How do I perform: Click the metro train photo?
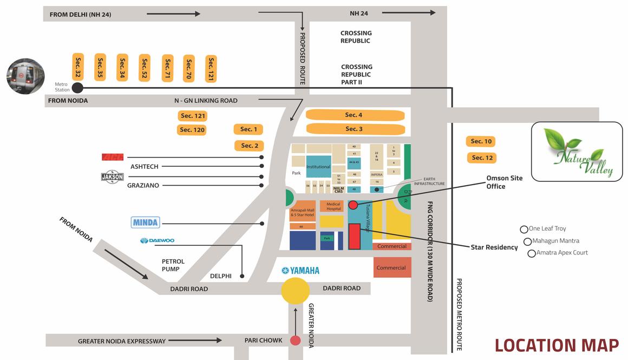coord(25,76)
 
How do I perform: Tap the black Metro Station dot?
coord(77,88)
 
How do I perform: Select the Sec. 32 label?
coord(78,67)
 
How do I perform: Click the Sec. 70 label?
coord(189,68)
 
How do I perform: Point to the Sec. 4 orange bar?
coord(355,115)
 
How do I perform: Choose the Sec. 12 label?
coord(481,158)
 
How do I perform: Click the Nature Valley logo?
coord(577,151)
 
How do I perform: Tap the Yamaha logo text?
coord(300,271)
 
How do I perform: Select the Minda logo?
coord(146,222)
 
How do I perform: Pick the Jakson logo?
coord(113,177)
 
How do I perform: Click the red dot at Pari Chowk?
coord(295,341)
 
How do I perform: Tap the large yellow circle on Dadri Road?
coord(295,290)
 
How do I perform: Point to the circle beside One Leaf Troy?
coord(524,230)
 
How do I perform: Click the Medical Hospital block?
coord(332,206)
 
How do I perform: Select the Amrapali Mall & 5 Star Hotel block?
coord(302,212)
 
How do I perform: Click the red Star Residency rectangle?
coord(355,237)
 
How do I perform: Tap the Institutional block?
coord(318,166)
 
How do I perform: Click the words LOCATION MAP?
coord(557,345)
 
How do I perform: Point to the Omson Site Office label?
coord(504,182)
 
